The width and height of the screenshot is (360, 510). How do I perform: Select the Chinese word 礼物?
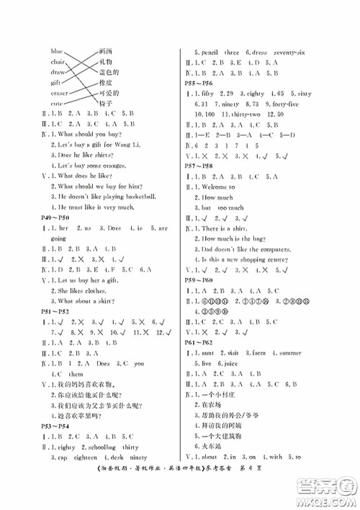(x=106, y=62)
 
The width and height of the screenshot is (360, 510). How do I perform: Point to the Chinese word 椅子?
(x=106, y=104)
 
